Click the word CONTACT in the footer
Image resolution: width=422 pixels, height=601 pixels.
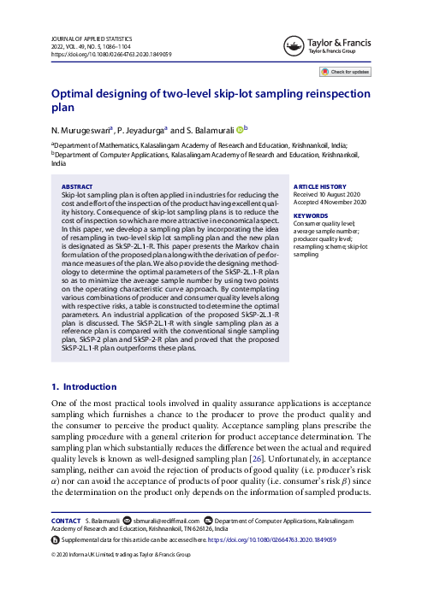point(66,520)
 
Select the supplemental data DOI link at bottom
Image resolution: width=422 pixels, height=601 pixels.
point(276,540)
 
